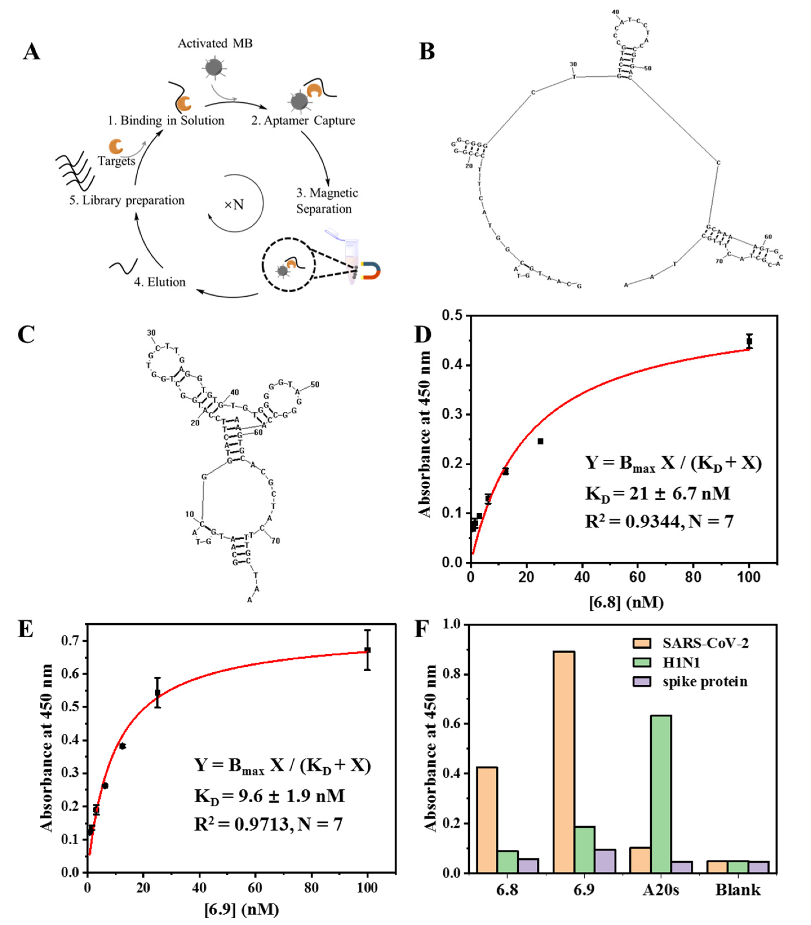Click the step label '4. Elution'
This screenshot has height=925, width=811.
tap(160, 282)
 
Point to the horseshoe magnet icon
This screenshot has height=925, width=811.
tap(371, 270)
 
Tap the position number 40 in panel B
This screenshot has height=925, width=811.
tap(615, 12)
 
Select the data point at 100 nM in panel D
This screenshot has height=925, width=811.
tap(749, 342)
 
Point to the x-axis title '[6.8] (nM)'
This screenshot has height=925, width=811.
tap(626, 602)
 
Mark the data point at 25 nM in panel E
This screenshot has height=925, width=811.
tap(158, 693)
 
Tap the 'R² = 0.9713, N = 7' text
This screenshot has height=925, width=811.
tap(268, 824)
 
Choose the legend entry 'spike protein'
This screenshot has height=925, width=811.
tap(704, 682)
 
